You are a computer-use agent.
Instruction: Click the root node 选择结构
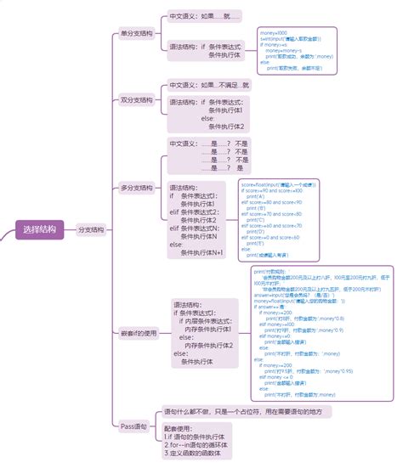40,229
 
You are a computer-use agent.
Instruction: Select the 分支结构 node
92,229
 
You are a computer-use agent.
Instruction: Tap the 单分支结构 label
135,34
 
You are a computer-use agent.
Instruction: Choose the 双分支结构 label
135,100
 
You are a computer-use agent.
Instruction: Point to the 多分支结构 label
135,187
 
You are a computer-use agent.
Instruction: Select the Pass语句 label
134,426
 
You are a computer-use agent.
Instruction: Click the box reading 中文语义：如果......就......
204,15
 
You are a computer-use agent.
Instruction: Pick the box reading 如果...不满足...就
209,86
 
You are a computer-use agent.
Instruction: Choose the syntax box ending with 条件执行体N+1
201,219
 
